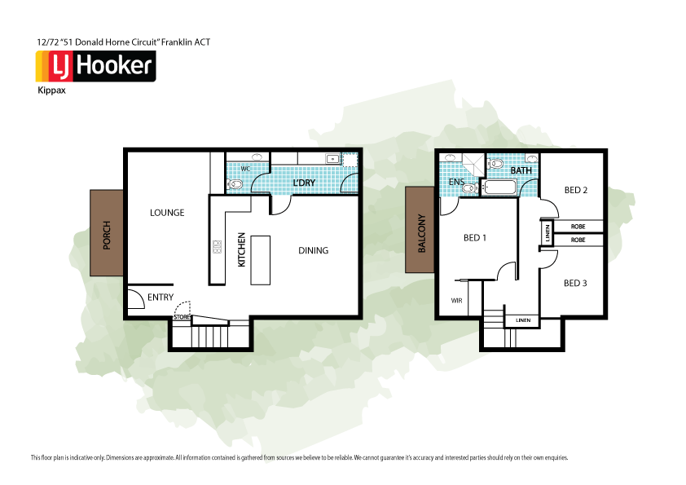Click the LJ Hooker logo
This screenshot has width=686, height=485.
(95, 65)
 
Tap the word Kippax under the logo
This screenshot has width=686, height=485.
(51, 91)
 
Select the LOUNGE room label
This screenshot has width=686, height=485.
(167, 213)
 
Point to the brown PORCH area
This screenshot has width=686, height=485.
(107, 236)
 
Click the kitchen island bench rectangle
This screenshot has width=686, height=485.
(260, 260)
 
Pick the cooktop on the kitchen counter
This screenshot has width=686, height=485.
(217, 246)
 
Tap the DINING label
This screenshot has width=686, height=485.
(313, 250)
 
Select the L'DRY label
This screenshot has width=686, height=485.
(303, 183)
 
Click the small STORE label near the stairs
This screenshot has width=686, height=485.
(182, 317)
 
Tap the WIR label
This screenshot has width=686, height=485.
(456, 300)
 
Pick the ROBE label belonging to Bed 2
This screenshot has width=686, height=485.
(578, 226)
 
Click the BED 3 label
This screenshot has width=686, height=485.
(574, 283)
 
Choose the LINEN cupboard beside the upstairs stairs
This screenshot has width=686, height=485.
(522, 320)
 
